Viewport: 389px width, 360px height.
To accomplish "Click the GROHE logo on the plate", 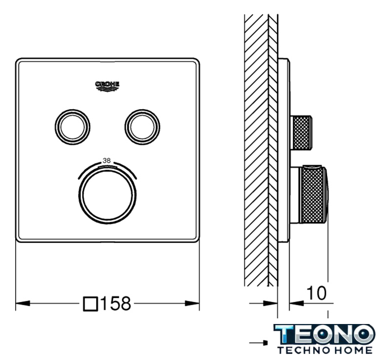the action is [107, 86].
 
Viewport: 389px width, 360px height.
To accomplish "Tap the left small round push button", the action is [73, 127].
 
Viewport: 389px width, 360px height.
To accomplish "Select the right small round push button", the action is [142, 127].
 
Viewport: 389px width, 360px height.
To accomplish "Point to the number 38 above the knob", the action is [107, 161].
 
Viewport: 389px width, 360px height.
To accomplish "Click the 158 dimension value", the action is [116, 303].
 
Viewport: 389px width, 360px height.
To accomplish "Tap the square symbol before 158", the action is [91, 304].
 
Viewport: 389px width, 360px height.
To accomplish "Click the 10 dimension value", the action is [316, 293].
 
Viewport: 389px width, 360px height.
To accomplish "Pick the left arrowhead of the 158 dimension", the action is [23, 303].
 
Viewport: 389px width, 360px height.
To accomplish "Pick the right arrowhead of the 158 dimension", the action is [192, 303].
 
